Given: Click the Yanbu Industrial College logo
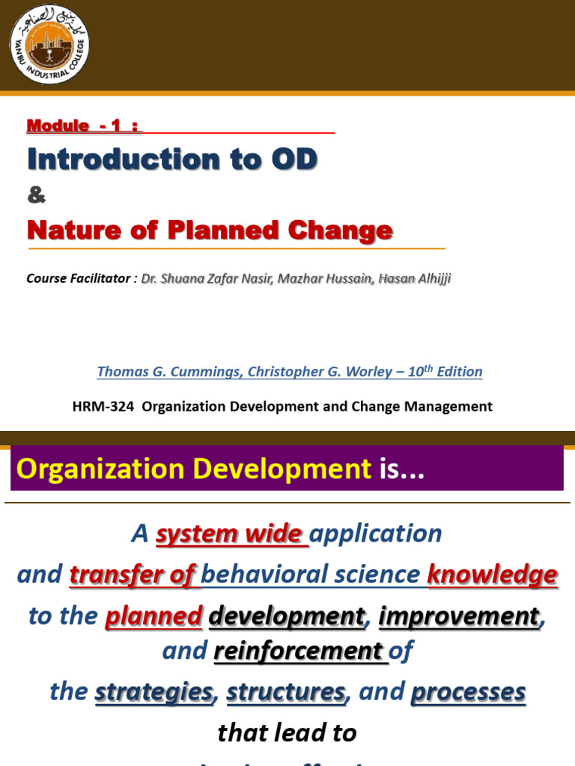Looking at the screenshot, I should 49,44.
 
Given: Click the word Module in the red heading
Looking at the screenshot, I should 58,126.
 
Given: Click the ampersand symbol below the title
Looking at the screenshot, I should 36,196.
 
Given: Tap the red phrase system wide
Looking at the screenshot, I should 231,534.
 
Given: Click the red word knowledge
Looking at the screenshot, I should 492,574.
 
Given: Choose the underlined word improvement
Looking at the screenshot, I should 458,616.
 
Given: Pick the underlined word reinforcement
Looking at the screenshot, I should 299,652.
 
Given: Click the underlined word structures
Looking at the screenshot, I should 286,692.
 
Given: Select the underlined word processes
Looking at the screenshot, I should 468,692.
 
